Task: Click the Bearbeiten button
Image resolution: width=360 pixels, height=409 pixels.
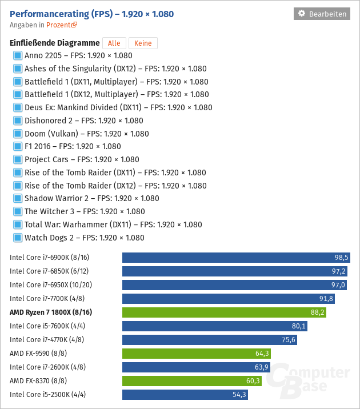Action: click(322, 14)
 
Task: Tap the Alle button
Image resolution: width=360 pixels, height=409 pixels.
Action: click(114, 43)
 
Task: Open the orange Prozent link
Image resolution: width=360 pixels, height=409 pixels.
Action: click(62, 25)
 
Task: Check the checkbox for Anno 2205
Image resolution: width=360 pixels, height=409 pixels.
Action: click(18, 55)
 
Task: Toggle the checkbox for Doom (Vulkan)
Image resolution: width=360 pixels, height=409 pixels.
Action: click(18, 134)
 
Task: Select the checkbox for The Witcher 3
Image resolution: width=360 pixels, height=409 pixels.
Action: click(18, 211)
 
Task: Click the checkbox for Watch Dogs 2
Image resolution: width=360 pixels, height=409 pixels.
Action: click(18, 238)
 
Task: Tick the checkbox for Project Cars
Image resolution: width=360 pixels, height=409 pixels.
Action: click(18, 159)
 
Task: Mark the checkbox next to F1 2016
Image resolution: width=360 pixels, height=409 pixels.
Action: click(18, 146)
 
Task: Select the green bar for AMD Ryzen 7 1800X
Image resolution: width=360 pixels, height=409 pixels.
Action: click(224, 312)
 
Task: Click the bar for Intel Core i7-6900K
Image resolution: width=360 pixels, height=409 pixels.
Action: click(236, 258)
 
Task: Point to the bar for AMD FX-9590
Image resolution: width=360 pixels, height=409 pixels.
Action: click(197, 354)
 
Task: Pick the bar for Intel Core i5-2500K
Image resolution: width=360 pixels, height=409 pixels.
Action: click(185, 395)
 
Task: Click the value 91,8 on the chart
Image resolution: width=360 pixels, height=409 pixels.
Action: click(326, 299)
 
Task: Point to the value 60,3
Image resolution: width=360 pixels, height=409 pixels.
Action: click(253, 381)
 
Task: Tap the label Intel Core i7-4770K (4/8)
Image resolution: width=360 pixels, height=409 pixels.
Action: click(47, 340)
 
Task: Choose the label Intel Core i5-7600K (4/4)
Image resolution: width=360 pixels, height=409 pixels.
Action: click(47, 326)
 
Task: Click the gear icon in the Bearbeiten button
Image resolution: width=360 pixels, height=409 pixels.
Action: click(302, 13)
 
